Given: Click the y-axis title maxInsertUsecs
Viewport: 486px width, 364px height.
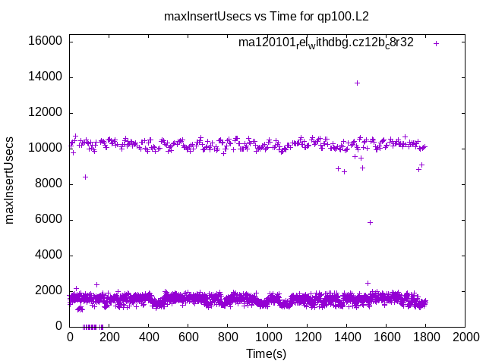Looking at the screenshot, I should [x=10, y=180].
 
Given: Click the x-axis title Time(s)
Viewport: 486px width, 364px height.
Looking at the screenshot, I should [x=267, y=353].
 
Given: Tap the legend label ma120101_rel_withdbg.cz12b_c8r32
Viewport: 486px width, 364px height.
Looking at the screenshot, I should [x=326, y=42].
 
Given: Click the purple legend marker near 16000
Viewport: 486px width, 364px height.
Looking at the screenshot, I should [x=436, y=43].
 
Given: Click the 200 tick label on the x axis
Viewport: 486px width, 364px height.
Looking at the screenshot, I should [x=109, y=337].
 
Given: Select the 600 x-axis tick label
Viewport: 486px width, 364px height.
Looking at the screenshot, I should [x=188, y=337].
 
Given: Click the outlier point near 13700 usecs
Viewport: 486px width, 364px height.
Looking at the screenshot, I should [x=357, y=83].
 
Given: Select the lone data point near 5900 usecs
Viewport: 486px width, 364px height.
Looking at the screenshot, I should [x=370, y=222].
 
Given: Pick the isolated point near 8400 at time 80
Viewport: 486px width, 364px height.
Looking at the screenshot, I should [x=86, y=177].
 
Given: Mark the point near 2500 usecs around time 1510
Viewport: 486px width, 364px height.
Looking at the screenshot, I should [x=368, y=283].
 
